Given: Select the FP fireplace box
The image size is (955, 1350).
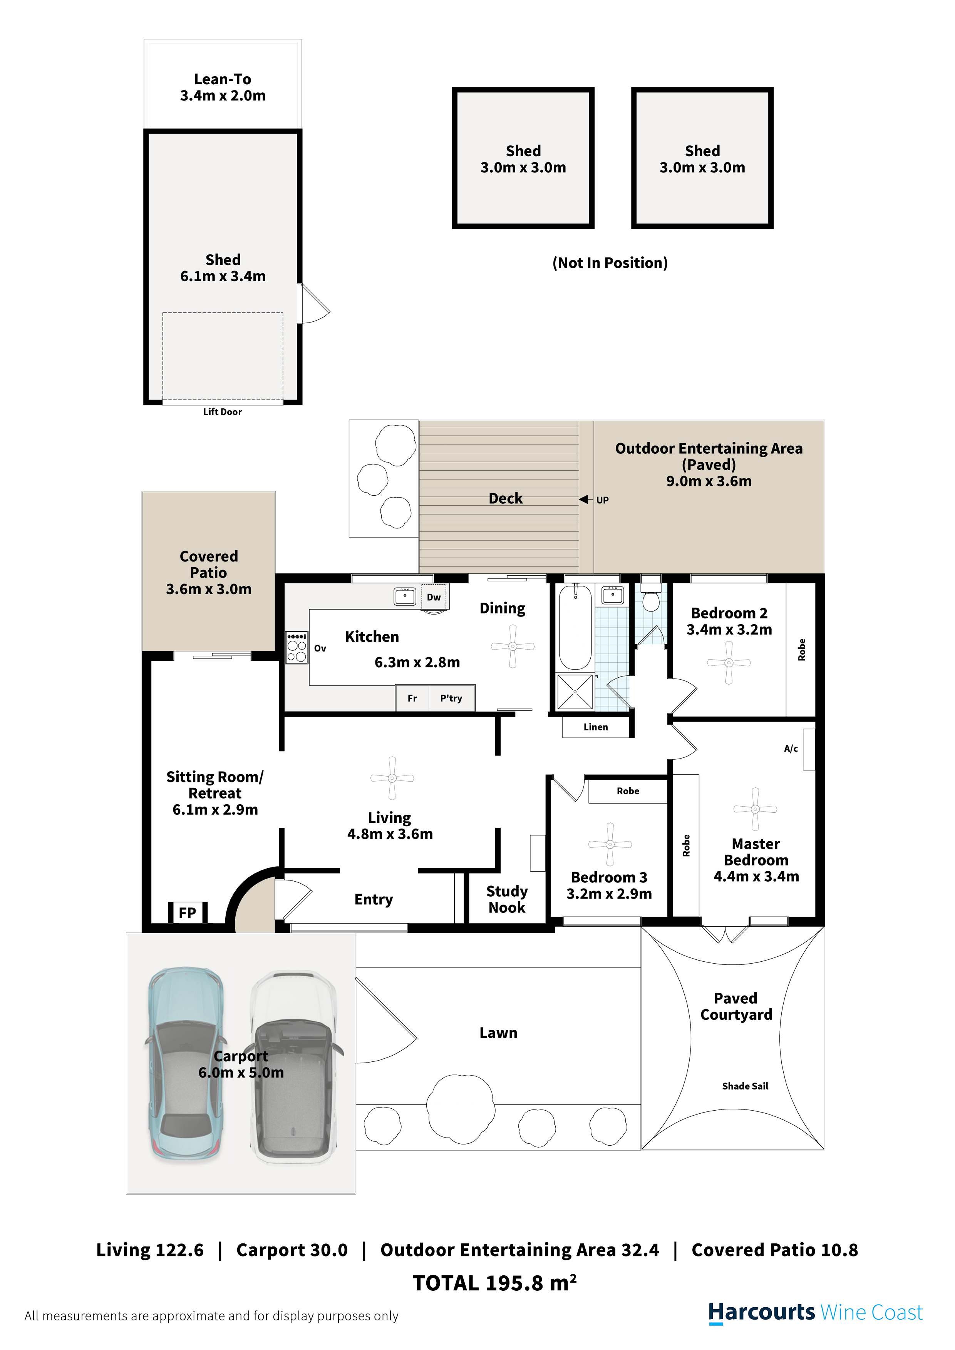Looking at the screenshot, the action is point(188,912).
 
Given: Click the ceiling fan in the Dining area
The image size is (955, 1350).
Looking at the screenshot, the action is point(513,646).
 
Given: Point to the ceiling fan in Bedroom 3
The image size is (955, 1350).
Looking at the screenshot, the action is point(610,844).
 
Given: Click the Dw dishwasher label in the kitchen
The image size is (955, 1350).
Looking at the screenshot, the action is point(434,597).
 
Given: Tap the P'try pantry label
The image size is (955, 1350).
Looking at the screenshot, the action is point(451,698).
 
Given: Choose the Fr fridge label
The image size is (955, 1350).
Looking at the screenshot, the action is point(412,698).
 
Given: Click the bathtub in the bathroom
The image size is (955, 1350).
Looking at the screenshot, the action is point(575,627).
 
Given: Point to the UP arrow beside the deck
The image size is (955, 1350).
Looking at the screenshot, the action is point(584,499).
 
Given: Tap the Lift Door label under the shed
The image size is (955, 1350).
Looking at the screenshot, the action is point(223,412).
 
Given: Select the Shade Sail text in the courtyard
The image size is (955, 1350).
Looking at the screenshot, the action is point(745,1086).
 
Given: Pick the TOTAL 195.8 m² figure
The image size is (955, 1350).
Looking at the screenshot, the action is point(494,1283).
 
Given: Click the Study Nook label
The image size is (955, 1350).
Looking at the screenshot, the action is point(507,899).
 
